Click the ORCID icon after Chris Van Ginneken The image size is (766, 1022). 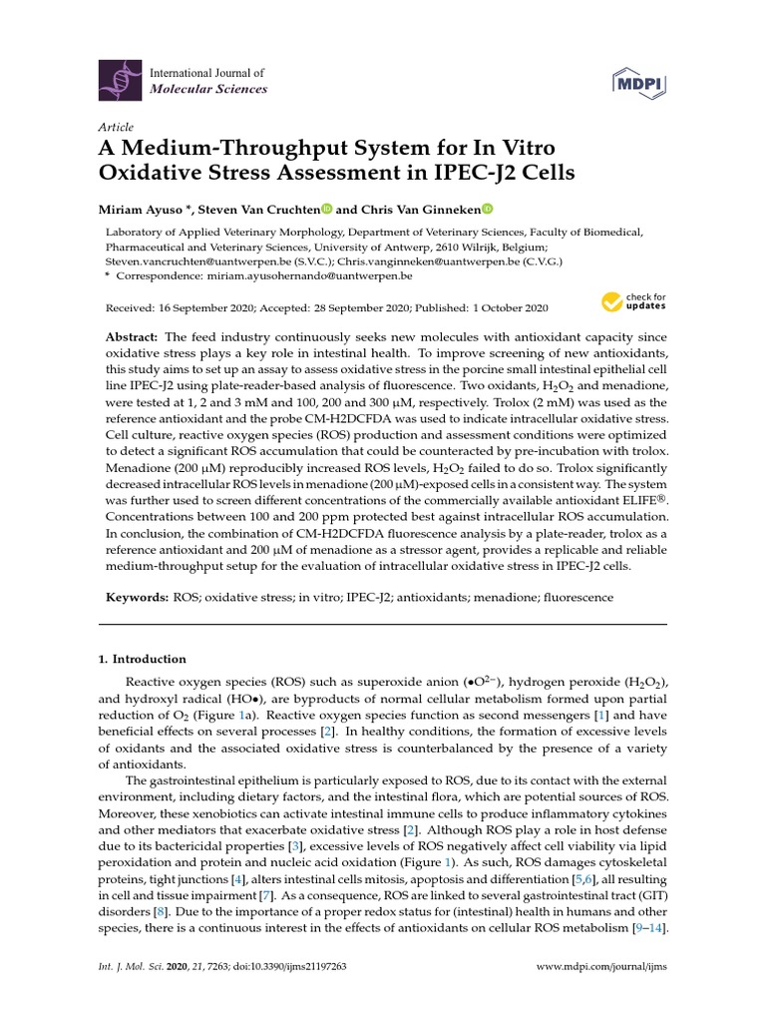click(488, 209)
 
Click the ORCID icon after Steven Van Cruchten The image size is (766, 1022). click(326, 209)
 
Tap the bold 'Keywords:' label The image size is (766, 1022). click(138, 597)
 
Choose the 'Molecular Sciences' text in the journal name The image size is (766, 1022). click(207, 89)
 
